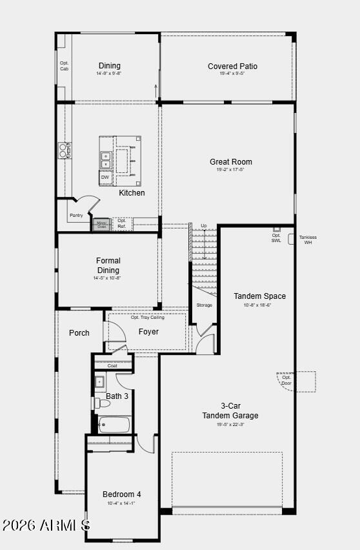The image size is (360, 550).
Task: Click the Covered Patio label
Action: click(232, 66)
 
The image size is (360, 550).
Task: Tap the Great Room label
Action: click(230, 162)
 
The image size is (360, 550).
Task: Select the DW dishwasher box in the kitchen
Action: click(105, 177)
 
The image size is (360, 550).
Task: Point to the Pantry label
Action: click(76, 215)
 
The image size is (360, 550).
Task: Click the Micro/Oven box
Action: click(101, 225)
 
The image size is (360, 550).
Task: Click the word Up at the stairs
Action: click(204, 226)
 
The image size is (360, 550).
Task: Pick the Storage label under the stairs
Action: click(204, 305)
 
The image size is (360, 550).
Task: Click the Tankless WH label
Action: click(308, 239)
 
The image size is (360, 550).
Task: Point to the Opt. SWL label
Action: click(276, 238)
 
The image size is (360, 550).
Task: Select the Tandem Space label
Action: click(259, 296)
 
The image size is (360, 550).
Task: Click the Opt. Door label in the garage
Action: click(286, 380)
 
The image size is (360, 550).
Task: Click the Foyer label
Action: click(148, 332)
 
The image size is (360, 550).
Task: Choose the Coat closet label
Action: click(112, 365)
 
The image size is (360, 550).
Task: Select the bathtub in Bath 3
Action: click(114, 424)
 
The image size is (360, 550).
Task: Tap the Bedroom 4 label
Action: click(121, 494)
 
